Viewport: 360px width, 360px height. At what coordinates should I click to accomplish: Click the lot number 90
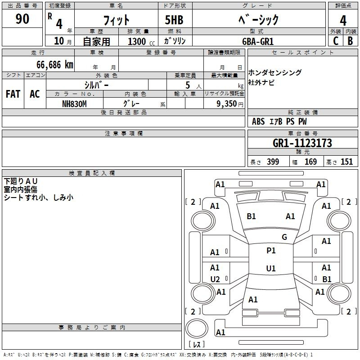click(x=22, y=19)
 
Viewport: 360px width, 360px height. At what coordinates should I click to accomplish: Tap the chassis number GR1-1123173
click(x=302, y=143)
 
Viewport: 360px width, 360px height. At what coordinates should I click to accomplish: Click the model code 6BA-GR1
click(x=258, y=41)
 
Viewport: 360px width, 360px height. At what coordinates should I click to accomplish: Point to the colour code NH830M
click(x=74, y=104)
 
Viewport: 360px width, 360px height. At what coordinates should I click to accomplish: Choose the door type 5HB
click(x=174, y=20)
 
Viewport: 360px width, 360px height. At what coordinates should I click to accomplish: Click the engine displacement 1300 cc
click(x=137, y=41)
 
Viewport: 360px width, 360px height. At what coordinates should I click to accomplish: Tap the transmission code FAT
click(x=13, y=94)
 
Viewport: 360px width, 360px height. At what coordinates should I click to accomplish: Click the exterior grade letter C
click(x=335, y=41)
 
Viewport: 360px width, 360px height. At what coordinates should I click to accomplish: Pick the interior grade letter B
click(x=350, y=41)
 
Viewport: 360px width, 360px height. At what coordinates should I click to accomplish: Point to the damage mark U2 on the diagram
click(x=215, y=279)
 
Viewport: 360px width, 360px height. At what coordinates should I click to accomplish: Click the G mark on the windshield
click(x=284, y=237)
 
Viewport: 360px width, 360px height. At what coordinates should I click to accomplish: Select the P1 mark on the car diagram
click(x=271, y=251)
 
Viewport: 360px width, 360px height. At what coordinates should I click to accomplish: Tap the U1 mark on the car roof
click(x=271, y=269)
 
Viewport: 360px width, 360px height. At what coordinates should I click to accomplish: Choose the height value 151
click(x=346, y=162)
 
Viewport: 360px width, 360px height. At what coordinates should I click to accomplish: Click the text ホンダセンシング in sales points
click(x=275, y=73)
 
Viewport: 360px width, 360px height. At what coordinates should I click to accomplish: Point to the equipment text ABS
click(x=258, y=121)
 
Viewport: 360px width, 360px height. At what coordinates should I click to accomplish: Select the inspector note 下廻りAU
click(x=21, y=181)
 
